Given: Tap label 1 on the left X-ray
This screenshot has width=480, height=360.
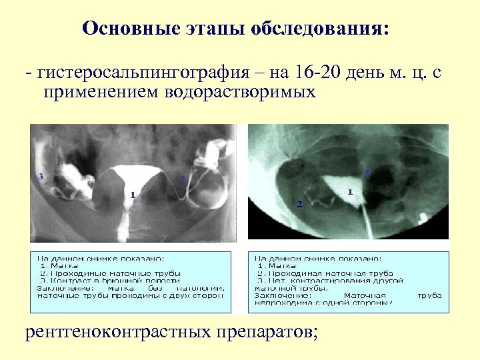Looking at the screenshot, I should [133, 195].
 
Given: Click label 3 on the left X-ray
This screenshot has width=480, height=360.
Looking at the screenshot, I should [41, 176].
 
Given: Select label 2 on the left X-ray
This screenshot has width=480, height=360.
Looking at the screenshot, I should [181, 179].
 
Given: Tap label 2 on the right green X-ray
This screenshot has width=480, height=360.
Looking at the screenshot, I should [299, 203].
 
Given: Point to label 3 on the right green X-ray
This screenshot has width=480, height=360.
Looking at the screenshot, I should [367, 172].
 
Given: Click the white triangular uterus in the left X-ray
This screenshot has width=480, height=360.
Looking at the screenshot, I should [137, 179].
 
